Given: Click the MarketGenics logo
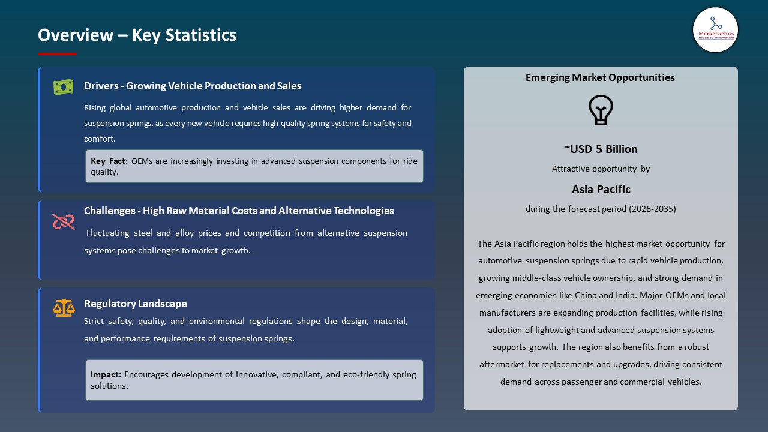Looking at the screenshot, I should (x=715, y=30).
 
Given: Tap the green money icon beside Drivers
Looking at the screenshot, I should (x=63, y=87).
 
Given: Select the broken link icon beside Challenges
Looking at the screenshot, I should (x=63, y=222).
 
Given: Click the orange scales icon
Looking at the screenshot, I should (x=63, y=308).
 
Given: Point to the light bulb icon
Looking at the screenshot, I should (x=600, y=110).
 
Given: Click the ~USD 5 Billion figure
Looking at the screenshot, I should (x=600, y=149).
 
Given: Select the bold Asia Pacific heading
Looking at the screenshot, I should (x=601, y=190).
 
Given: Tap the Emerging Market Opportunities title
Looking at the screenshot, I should (x=600, y=77).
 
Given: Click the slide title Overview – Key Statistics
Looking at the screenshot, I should (x=137, y=35).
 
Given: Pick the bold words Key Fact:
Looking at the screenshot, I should (x=109, y=161).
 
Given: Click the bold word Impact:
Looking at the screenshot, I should (x=106, y=374).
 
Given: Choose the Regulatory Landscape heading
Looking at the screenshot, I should (x=135, y=304).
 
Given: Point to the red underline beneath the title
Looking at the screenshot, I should (x=58, y=54).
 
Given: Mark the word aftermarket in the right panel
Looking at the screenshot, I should (x=502, y=364).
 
